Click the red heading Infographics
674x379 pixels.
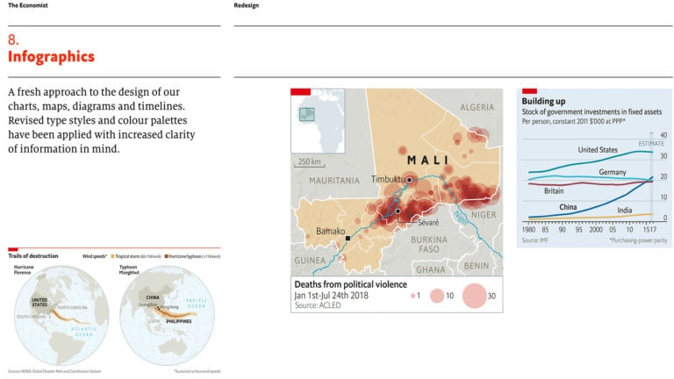(x=51, y=57)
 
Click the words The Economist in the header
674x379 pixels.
(x=27, y=5)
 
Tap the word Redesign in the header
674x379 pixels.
(x=247, y=5)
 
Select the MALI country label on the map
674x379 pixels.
(x=428, y=161)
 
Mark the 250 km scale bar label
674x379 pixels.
(x=309, y=161)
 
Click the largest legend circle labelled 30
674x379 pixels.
(x=472, y=297)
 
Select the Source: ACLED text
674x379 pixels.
(x=318, y=305)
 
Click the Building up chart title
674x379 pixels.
(x=543, y=102)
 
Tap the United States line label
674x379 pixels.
(x=598, y=151)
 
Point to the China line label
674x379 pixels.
(x=568, y=207)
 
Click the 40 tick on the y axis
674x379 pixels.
(x=663, y=135)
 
